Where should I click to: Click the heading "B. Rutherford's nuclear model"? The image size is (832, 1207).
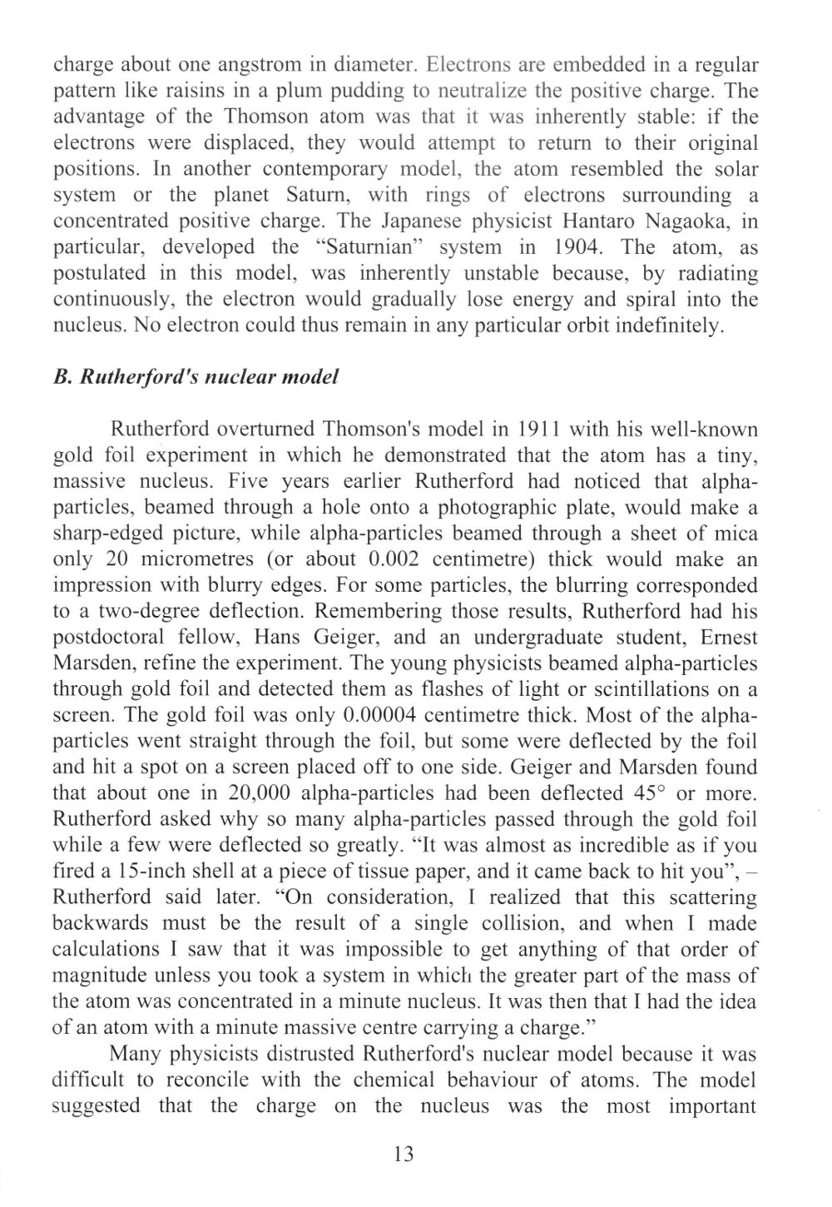click(196, 375)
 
